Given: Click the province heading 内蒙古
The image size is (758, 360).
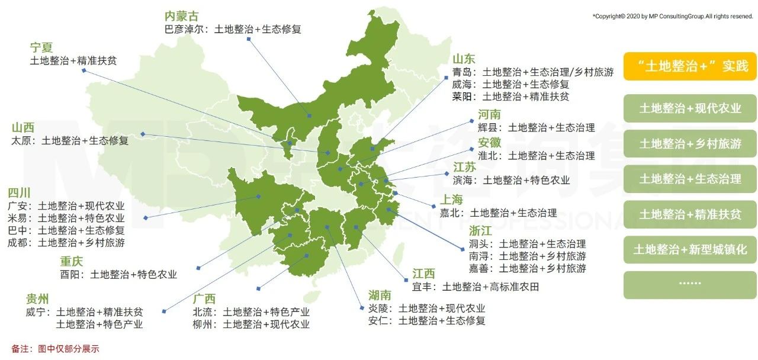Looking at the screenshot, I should point(182,16).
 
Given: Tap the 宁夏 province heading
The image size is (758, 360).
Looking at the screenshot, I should point(41,47).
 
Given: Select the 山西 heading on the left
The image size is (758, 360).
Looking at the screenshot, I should point(23,127).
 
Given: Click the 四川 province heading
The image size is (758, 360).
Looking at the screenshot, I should point(19,193).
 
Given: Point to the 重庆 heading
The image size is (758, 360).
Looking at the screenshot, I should point(71,262).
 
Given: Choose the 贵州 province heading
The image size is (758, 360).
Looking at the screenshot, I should point(37,298).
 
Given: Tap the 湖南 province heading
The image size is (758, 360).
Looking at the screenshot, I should point(380,295).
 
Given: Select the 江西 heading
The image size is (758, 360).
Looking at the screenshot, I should point(423,274).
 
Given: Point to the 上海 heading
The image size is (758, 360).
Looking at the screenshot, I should point(451,200).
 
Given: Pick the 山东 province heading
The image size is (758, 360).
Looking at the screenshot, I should point(464,59).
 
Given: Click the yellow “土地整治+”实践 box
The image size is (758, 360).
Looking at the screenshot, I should point(690,66).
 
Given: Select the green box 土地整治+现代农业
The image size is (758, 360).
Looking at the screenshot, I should point(690,108).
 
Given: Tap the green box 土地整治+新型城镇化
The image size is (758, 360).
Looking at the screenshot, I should point(690,249).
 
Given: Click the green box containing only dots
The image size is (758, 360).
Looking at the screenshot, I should point(690,285).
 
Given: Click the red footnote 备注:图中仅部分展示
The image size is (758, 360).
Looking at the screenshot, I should point(55,349).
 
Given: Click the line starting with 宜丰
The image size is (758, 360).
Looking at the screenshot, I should point(475,287).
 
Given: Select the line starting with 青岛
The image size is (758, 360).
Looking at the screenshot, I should point(532,72).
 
